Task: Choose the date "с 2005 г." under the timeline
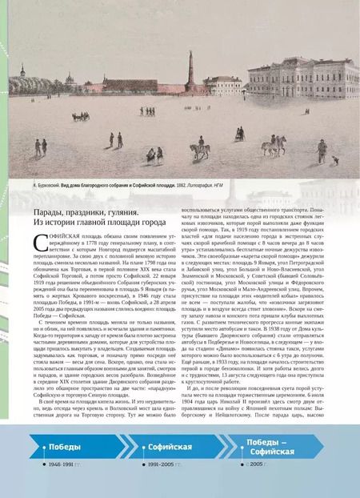(258, 486)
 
